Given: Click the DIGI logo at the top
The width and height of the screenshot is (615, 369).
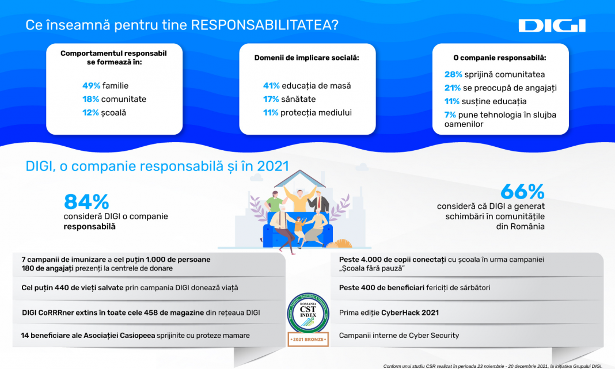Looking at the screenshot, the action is pyautogui.click(x=552, y=26).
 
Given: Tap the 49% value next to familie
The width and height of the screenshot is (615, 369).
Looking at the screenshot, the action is pyautogui.click(x=91, y=85).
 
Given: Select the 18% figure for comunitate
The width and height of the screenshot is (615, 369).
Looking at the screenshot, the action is pyautogui.click(x=90, y=99).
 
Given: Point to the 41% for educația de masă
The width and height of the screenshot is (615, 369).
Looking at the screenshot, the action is pyautogui.click(x=271, y=86).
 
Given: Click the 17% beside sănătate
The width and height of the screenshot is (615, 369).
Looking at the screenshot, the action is pyautogui.click(x=271, y=99).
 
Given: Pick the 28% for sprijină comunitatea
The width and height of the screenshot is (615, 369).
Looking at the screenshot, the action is pyautogui.click(x=453, y=74).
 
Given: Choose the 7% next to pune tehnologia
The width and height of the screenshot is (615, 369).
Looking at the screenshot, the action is pyautogui.click(x=450, y=115).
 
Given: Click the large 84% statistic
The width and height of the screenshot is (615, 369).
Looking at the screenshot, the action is pyautogui.click(x=86, y=202).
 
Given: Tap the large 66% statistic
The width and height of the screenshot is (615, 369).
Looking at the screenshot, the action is pyautogui.click(x=522, y=192).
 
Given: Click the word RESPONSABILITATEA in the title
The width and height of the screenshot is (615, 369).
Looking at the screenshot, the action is pyautogui.click(x=264, y=25).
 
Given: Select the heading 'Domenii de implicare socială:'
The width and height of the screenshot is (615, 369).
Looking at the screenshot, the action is pyautogui.click(x=307, y=58).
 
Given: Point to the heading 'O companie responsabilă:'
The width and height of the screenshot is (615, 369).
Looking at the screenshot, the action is pyautogui.click(x=500, y=58).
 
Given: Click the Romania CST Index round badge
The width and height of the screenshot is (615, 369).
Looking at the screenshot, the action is pyautogui.click(x=308, y=313).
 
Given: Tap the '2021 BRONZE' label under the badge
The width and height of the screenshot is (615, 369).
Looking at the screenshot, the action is pyautogui.click(x=308, y=339).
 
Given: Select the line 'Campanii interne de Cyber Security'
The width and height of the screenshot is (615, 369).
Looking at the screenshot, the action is pyautogui.click(x=399, y=335).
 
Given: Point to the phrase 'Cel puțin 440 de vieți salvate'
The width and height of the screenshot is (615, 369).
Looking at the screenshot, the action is pyautogui.click(x=73, y=287).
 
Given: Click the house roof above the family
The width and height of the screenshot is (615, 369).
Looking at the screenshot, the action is pyautogui.click(x=300, y=178).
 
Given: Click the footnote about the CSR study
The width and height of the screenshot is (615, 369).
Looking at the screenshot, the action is pyautogui.click(x=492, y=366).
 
